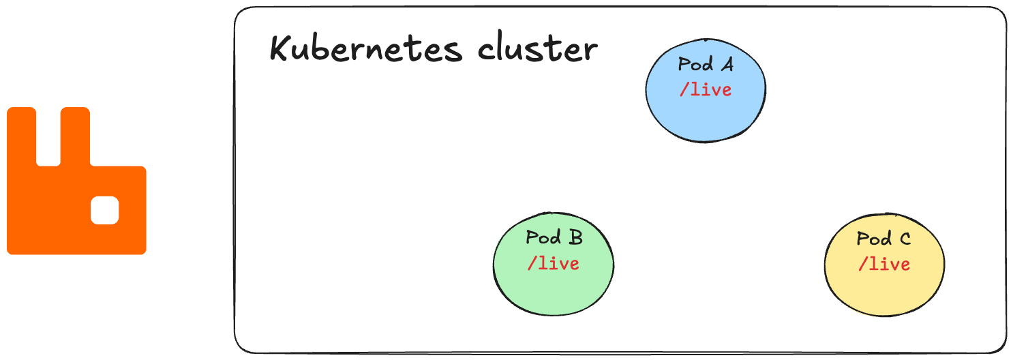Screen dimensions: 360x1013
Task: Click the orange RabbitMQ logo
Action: [x=76, y=205]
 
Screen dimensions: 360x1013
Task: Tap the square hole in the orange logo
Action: [x=105, y=210]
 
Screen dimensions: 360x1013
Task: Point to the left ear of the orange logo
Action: [x=21, y=136]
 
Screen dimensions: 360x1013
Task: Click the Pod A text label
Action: [x=706, y=65]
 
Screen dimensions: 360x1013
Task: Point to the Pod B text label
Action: [x=554, y=238]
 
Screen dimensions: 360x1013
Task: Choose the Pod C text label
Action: [x=883, y=239]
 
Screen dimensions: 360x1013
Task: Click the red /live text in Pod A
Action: [x=706, y=89]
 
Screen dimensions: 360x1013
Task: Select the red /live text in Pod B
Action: [x=554, y=263]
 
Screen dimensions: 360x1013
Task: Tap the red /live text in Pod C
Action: [x=884, y=264]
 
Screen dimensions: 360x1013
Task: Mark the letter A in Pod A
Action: [x=727, y=65]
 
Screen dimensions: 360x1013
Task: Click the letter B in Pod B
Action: [x=575, y=238]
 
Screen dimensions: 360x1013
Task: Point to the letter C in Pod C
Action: [x=905, y=239]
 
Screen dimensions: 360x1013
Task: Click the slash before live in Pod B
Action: [x=532, y=263]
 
